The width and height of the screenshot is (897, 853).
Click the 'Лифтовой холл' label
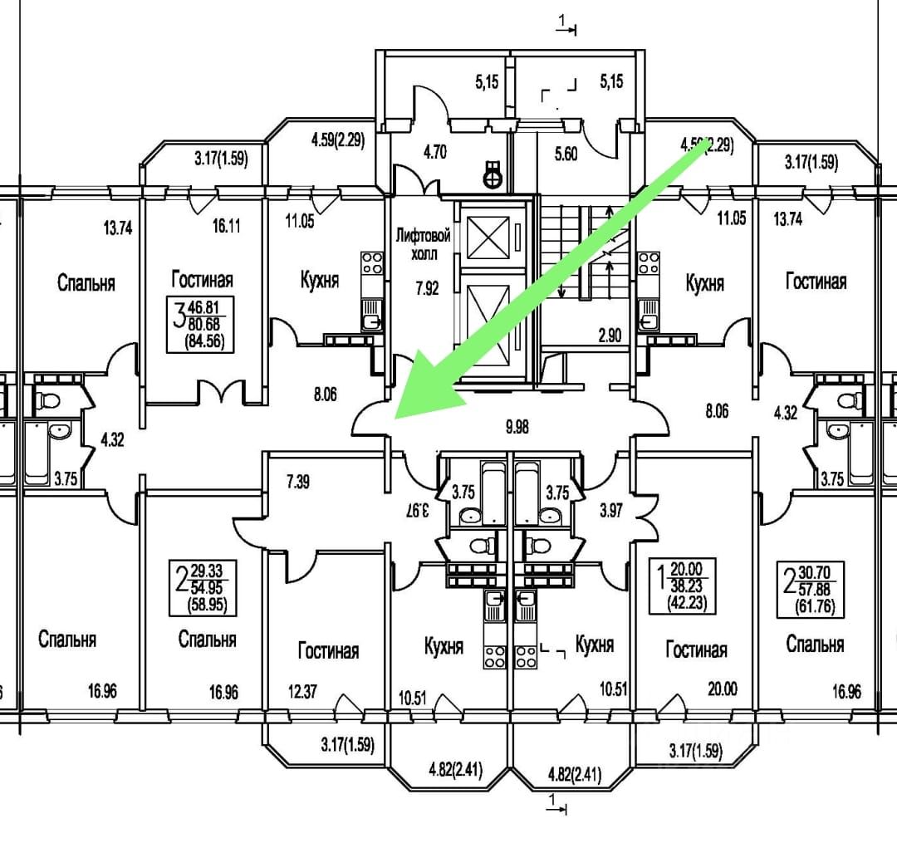424,243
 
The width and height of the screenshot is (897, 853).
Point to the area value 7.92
428,288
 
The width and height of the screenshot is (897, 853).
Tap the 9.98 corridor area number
517,427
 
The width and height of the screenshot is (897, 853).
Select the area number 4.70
434,152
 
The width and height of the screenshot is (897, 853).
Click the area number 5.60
566,154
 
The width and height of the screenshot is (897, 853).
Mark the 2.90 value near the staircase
610,335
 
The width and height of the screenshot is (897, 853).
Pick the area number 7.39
298,482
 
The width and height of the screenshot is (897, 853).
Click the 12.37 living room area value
302,692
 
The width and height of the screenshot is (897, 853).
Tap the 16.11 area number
227,226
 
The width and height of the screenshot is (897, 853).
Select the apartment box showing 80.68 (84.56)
201,324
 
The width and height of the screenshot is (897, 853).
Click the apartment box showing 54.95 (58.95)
203,588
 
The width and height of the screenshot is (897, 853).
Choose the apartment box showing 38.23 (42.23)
683,586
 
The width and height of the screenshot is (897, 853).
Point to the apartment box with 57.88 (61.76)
810,590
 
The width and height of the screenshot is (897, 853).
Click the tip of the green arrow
395,419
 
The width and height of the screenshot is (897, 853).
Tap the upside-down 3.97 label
418,510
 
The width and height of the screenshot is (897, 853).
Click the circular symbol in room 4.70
492,178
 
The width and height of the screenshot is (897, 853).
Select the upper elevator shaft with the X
488,238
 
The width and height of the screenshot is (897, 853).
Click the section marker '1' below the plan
556,804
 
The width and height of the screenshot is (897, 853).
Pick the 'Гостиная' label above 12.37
328,650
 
